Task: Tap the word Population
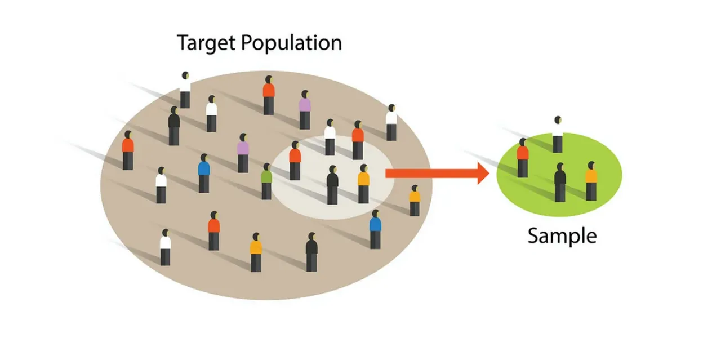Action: (291, 43)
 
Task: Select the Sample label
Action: (562, 237)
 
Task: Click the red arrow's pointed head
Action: (483, 173)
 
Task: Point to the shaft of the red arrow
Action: (431, 173)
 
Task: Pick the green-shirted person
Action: (266, 181)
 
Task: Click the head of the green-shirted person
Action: (267, 167)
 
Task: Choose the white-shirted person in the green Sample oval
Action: (558, 134)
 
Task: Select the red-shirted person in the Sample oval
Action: (522, 158)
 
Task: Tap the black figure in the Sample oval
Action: (560, 183)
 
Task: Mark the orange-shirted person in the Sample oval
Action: (591, 181)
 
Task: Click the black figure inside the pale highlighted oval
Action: (332, 185)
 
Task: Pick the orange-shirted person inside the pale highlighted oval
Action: (363, 184)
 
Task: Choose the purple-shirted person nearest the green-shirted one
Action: (243, 153)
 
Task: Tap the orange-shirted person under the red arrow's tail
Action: (415, 201)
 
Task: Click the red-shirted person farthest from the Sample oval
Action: (128, 150)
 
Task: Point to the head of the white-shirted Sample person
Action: (558, 120)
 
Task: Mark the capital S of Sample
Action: (533, 235)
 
